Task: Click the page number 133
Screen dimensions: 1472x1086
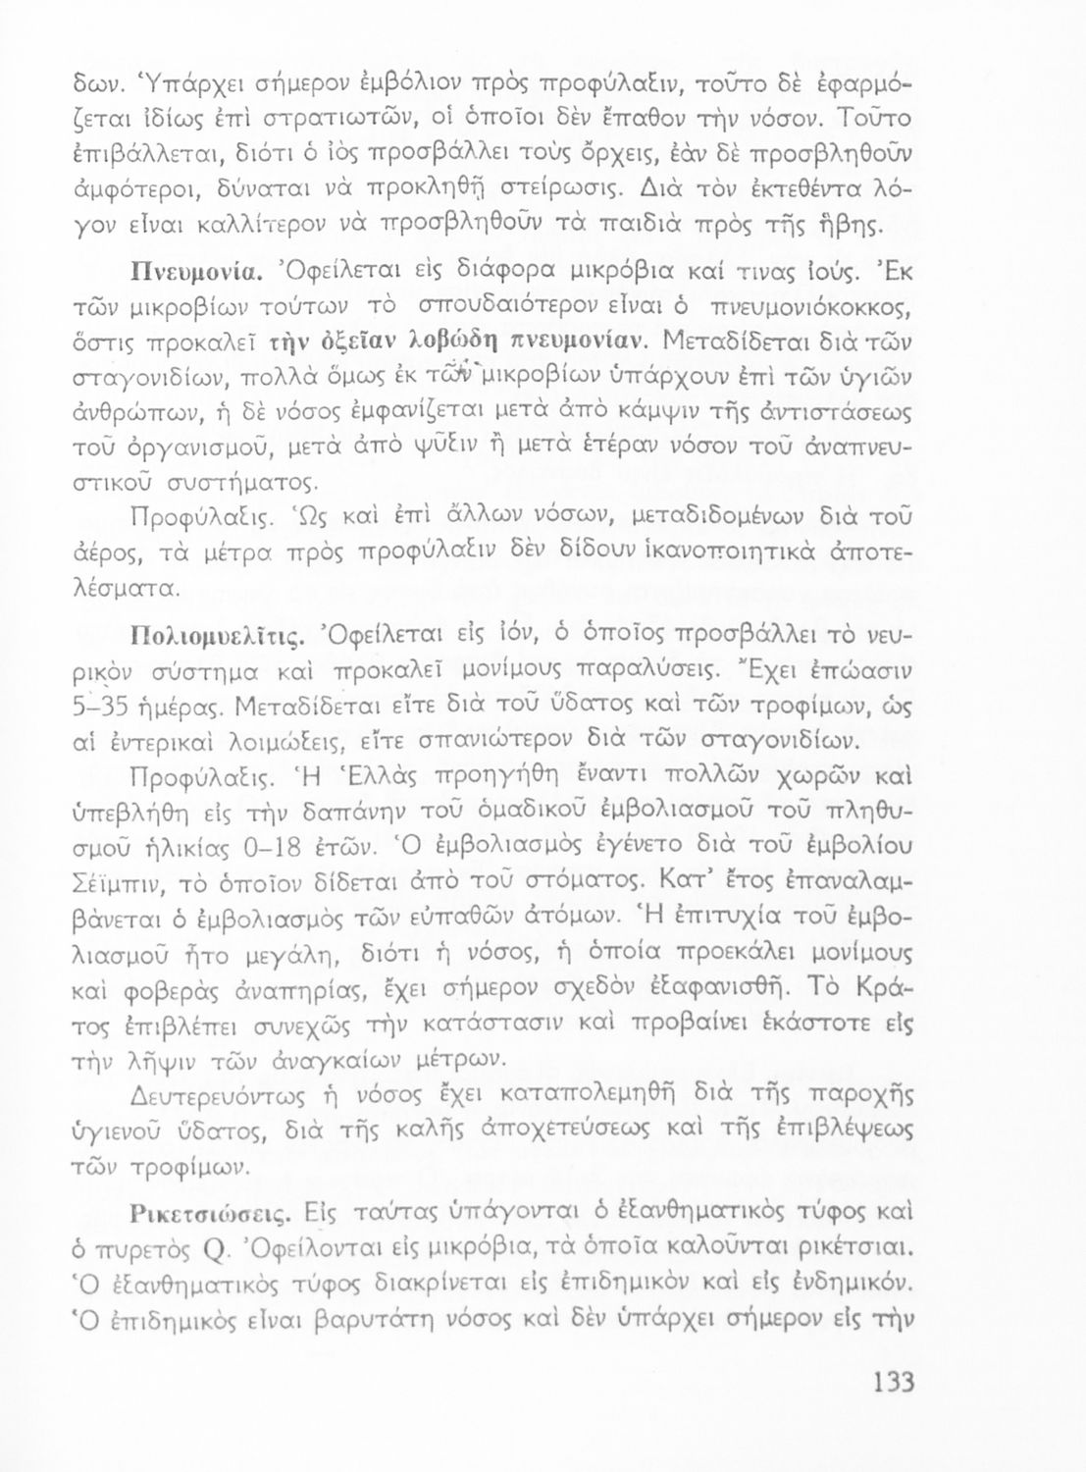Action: coord(893,1383)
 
